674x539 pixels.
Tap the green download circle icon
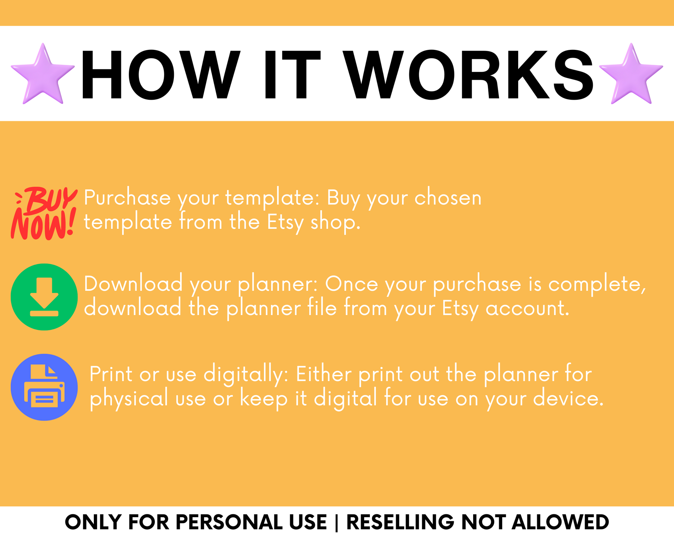44,297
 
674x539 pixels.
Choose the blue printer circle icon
44,387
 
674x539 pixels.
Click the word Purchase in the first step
127,198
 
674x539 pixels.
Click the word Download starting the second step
133,284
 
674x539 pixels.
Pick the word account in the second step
527,308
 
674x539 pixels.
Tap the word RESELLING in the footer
400,522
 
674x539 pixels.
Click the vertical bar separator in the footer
337,522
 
